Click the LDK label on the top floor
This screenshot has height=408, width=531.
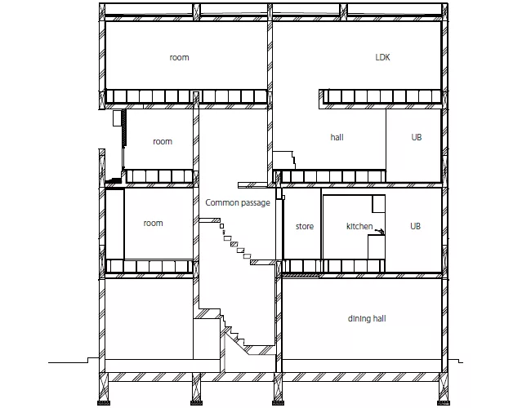[x=382, y=57]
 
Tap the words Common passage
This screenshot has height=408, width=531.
[x=238, y=202]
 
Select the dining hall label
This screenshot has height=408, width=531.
[x=367, y=318]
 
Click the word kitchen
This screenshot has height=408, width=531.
[x=359, y=226]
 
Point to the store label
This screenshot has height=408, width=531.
[x=305, y=226]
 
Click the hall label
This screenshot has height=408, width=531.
[x=337, y=137]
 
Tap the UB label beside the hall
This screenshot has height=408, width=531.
[x=416, y=137]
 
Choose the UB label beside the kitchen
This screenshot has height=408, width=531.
[x=415, y=226]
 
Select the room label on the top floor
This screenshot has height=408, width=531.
[x=179, y=57]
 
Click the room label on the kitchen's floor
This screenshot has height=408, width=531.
[x=153, y=224]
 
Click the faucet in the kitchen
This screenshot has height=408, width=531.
[x=380, y=232]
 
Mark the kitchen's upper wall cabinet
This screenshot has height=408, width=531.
[x=379, y=204]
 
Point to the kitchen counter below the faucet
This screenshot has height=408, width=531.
[x=377, y=247]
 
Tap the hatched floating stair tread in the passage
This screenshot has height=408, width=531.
[x=234, y=244]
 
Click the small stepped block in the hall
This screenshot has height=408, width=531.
[x=283, y=160]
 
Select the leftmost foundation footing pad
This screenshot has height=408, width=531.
[x=103, y=402]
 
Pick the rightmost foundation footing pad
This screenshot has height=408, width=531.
[x=444, y=402]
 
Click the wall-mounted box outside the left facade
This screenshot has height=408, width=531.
[x=117, y=118]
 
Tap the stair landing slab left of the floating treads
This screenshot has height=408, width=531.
[x=209, y=220]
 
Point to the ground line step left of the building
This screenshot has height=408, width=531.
[x=88, y=361]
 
